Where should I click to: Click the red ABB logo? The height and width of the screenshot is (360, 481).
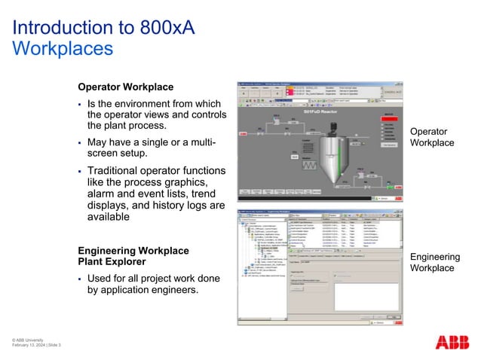click(x=452, y=342)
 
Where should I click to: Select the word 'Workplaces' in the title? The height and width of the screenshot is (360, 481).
click(x=63, y=49)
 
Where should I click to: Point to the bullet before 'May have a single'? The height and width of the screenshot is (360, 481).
click(x=80, y=143)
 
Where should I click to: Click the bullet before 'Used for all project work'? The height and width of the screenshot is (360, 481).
click(x=80, y=279)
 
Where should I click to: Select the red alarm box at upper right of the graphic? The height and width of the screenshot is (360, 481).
click(x=388, y=114)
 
